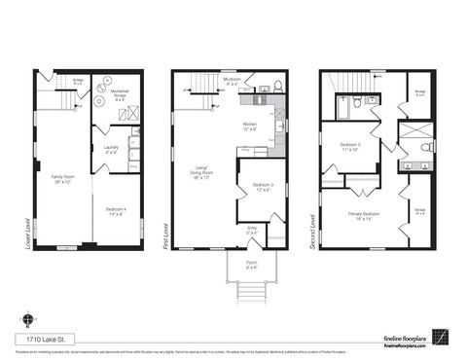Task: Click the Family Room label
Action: pos(63,178)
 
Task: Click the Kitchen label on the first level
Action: pos(250,126)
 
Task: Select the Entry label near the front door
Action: pos(251,233)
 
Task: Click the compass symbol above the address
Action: pos(26,318)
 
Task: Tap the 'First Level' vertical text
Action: pos(166,233)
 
